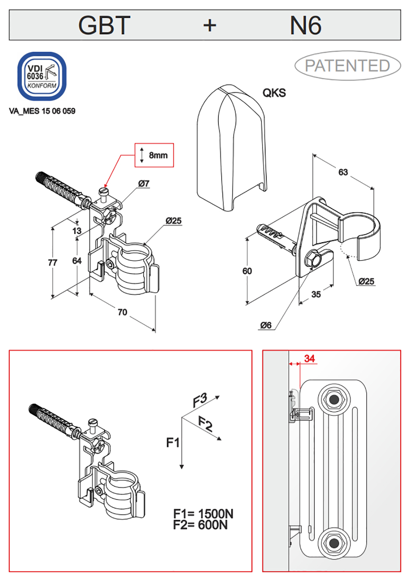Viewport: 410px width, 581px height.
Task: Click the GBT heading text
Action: (104, 25)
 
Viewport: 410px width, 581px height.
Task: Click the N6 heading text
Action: (305, 25)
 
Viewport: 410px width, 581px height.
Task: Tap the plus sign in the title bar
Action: (210, 26)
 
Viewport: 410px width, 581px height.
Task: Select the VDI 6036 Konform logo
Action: (42, 76)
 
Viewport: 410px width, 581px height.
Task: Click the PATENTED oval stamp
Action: (347, 65)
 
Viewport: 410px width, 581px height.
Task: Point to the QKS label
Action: (274, 93)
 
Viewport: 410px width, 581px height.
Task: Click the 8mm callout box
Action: (154, 155)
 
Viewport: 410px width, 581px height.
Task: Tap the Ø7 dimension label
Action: (144, 183)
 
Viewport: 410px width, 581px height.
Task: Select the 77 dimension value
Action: (52, 263)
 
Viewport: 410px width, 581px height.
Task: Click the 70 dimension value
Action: (123, 312)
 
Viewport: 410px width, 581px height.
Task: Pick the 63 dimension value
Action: (343, 172)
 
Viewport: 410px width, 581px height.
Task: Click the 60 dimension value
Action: (247, 271)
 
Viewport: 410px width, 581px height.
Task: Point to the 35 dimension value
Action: (316, 294)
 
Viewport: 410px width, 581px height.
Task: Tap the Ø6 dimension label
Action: (266, 325)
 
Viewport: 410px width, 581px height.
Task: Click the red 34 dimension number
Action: (309, 358)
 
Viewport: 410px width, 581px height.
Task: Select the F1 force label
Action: (173, 442)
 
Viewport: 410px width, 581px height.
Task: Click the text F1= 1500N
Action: (203, 514)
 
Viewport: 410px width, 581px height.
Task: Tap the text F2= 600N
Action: (200, 525)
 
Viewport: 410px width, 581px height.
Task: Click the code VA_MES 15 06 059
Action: (42, 111)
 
